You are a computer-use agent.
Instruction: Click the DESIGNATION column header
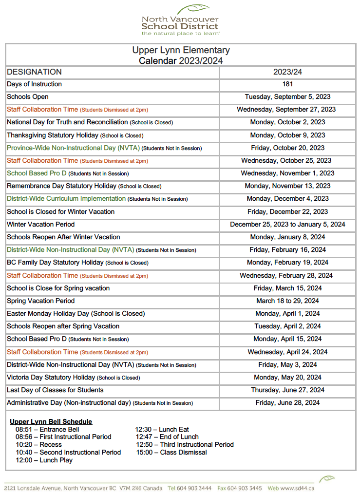(x=34, y=72)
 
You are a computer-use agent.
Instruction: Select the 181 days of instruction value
(x=287, y=84)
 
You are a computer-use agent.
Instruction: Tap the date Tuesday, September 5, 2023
(x=287, y=97)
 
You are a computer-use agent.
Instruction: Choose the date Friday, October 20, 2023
(x=287, y=148)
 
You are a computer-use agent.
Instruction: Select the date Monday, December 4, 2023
(x=287, y=199)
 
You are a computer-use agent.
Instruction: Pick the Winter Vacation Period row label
(x=41, y=225)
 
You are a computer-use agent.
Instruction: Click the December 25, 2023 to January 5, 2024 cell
(x=287, y=225)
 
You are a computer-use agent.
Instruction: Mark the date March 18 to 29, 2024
(x=287, y=301)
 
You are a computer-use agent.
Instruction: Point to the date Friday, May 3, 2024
(x=287, y=365)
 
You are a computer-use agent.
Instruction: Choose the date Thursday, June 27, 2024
(x=287, y=390)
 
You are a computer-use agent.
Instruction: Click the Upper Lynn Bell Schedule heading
(x=51, y=421)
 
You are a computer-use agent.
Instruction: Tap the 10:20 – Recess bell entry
(x=38, y=445)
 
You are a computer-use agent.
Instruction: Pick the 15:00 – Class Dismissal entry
(x=171, y=453)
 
